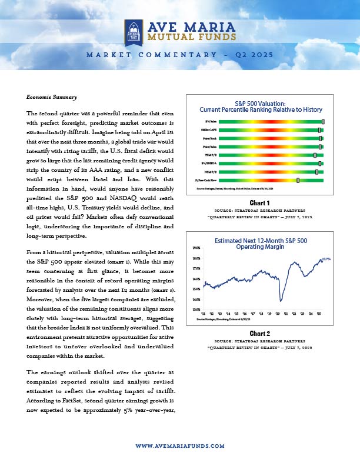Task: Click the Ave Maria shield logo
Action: [x=133, y=31]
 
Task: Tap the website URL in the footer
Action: [x=180, y=447]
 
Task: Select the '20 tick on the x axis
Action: [x=278, y=315]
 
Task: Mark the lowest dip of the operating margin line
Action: [x=282, y=301]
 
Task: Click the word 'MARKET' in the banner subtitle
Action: [x=108, y=55]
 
